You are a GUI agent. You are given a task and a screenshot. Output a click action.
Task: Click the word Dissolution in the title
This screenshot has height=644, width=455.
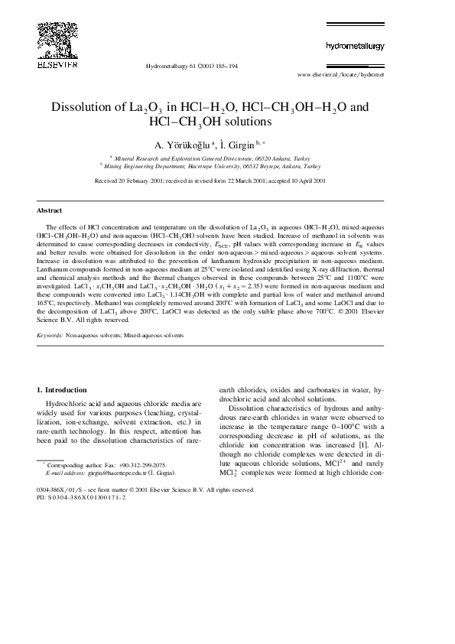point(85,107)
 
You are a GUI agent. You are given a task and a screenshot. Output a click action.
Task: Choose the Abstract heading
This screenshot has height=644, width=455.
point(50,210)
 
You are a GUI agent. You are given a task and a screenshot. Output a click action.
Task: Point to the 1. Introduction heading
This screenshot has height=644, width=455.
point(62,390)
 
